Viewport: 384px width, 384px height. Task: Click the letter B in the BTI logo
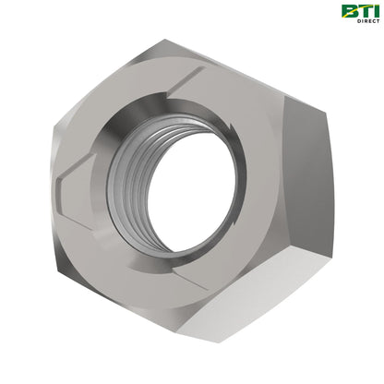click(349, 11)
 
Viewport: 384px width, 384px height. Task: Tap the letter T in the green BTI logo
click(364, 11)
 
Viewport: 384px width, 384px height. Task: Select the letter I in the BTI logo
click(376, 11)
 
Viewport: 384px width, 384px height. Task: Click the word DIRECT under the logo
click(368, 21)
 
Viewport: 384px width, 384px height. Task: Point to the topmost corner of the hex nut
click(164, 40)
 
